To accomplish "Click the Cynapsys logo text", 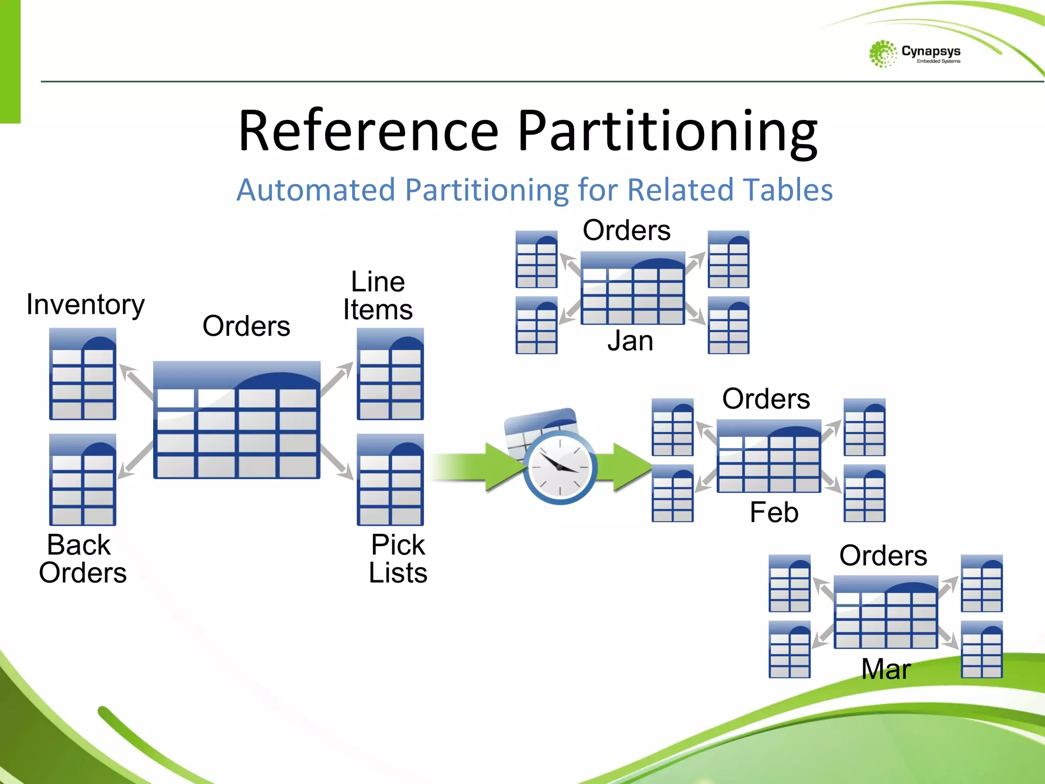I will (930, 52).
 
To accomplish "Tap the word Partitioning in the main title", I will (667, 131).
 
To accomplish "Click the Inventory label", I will (86, 305).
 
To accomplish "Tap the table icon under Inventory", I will (83, 374).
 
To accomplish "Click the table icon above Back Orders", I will (83, 480).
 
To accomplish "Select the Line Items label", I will (378, 296).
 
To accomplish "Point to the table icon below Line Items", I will (390, 374).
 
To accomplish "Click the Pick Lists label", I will (398, 558).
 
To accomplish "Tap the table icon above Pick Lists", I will (390, 480).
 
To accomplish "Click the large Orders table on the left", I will (237, 420).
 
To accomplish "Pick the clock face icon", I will (560, 467).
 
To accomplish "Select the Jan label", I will (630, 340).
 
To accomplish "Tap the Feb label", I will (774, 512).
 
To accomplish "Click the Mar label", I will (886, 669).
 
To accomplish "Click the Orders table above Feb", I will (769, 456).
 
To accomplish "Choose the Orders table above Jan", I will (633, 288).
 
